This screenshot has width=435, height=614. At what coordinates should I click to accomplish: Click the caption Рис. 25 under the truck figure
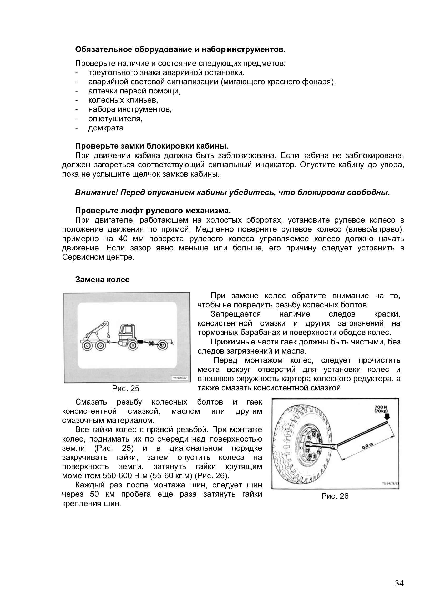tap(126, 388)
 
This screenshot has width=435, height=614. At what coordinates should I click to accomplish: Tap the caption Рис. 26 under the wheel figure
tap(335, 496)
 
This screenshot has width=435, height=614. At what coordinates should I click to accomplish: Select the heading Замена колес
tap(102, 280)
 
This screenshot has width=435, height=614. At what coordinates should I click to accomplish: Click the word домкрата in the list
tap(106, 128)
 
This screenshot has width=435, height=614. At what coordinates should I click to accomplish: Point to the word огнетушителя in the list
tap(115, 119)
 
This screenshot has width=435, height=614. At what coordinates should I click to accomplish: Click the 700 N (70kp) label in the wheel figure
tap(381, 410)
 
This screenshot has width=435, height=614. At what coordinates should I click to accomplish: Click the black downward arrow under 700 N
tap(387, 417)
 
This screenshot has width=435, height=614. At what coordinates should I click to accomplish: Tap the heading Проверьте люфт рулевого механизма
tap(153, 211)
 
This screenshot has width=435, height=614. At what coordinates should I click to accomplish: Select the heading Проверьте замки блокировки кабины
tap(152, 146)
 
